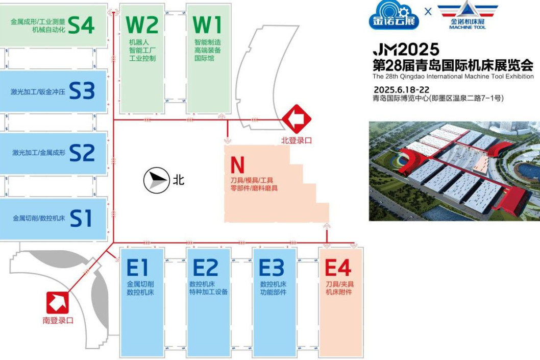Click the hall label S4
[x=82, y=26]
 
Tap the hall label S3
[x=82, y=91]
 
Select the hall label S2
[x=82, y=153]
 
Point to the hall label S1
[x=81, y=218]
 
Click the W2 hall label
[x=142, y=25]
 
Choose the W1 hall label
[x=208, y=25]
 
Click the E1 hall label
[x=138, y=268]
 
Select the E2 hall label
[x=205, y=268]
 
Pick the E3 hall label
[x=271, y=268]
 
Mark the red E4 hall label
[x=338, y=268]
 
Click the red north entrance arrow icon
[x=297, y=119]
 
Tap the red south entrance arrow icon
[x=58, y=303]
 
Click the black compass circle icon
[x=156, y=180]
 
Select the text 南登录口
[x=58, y=321]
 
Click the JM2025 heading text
[x=406, y=50]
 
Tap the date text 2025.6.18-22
[x=400, y=89]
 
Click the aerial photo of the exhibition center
[x=454, y=172]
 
